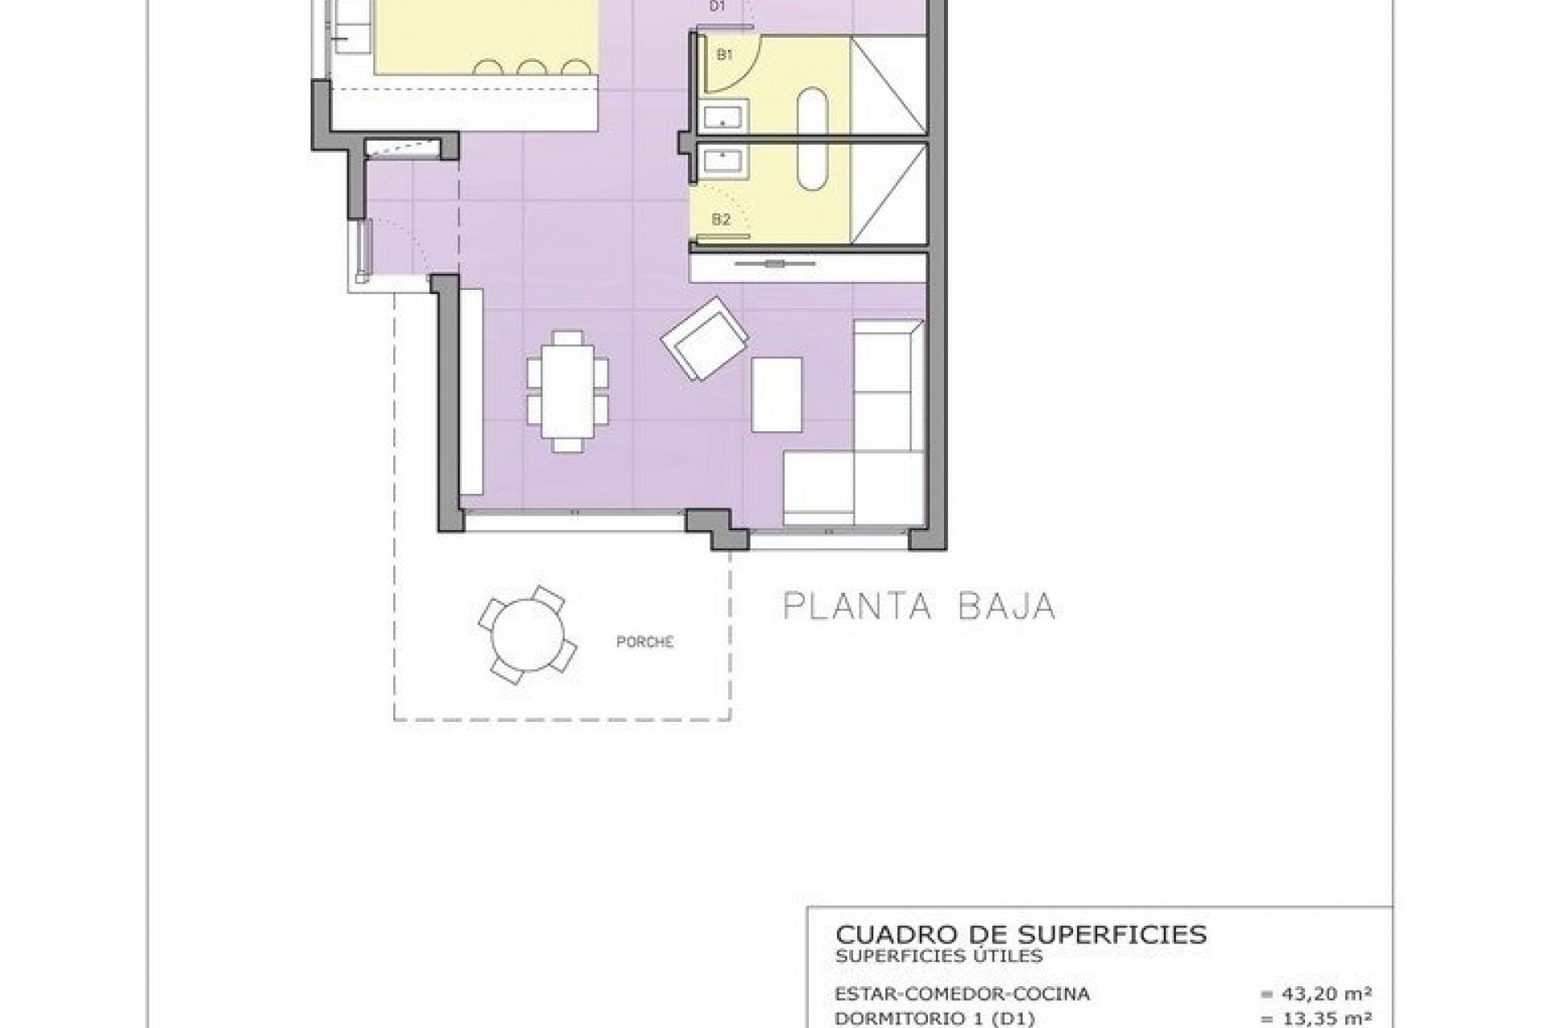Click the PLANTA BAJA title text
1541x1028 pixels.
click(919, 606)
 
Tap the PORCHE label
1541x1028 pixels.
click(644, 642)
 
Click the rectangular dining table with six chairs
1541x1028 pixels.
click(567, 391)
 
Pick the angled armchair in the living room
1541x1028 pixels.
click(705, 339)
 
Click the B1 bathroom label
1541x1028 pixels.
click(725, 55)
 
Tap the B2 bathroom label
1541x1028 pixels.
click(721, 219)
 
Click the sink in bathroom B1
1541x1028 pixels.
click(725, 116)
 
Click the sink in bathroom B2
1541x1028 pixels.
click(725, 162)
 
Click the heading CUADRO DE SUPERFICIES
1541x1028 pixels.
click(1021, 934)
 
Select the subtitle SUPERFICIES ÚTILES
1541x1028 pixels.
click(938, 956)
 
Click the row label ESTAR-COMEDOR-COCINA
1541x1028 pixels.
click(962, 994)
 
